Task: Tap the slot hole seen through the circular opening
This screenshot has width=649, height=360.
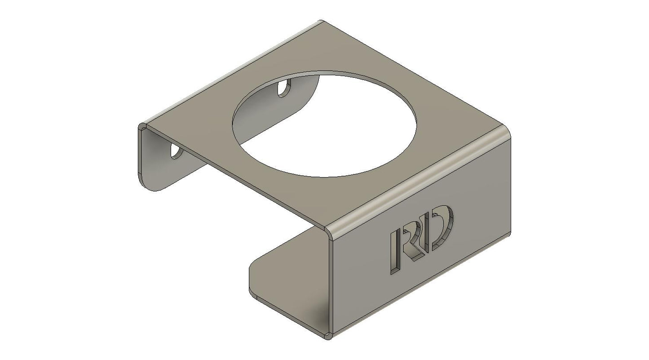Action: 284,88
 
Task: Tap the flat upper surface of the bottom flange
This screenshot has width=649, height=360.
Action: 287,283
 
